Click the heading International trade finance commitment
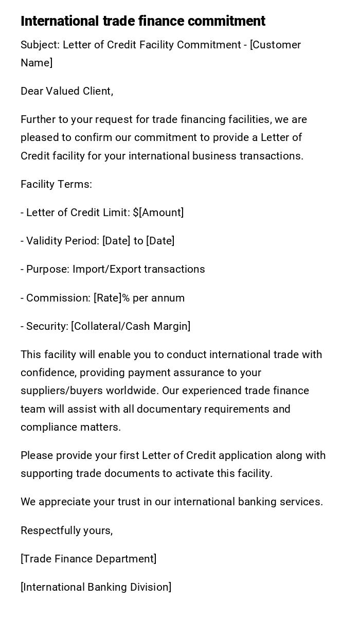[x=143, y=21]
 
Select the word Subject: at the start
[x=40, y=45]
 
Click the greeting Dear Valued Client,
[x=67, y=91]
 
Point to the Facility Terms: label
[x=56, y=184]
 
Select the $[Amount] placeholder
[x=158, y=213]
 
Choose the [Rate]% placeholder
[x=112, y=298]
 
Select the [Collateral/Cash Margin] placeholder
[x=131, y=326]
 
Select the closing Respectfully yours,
[x=66, y=530]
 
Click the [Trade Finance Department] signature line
[x=88, y=559]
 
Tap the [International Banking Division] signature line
[x=96, y=587]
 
